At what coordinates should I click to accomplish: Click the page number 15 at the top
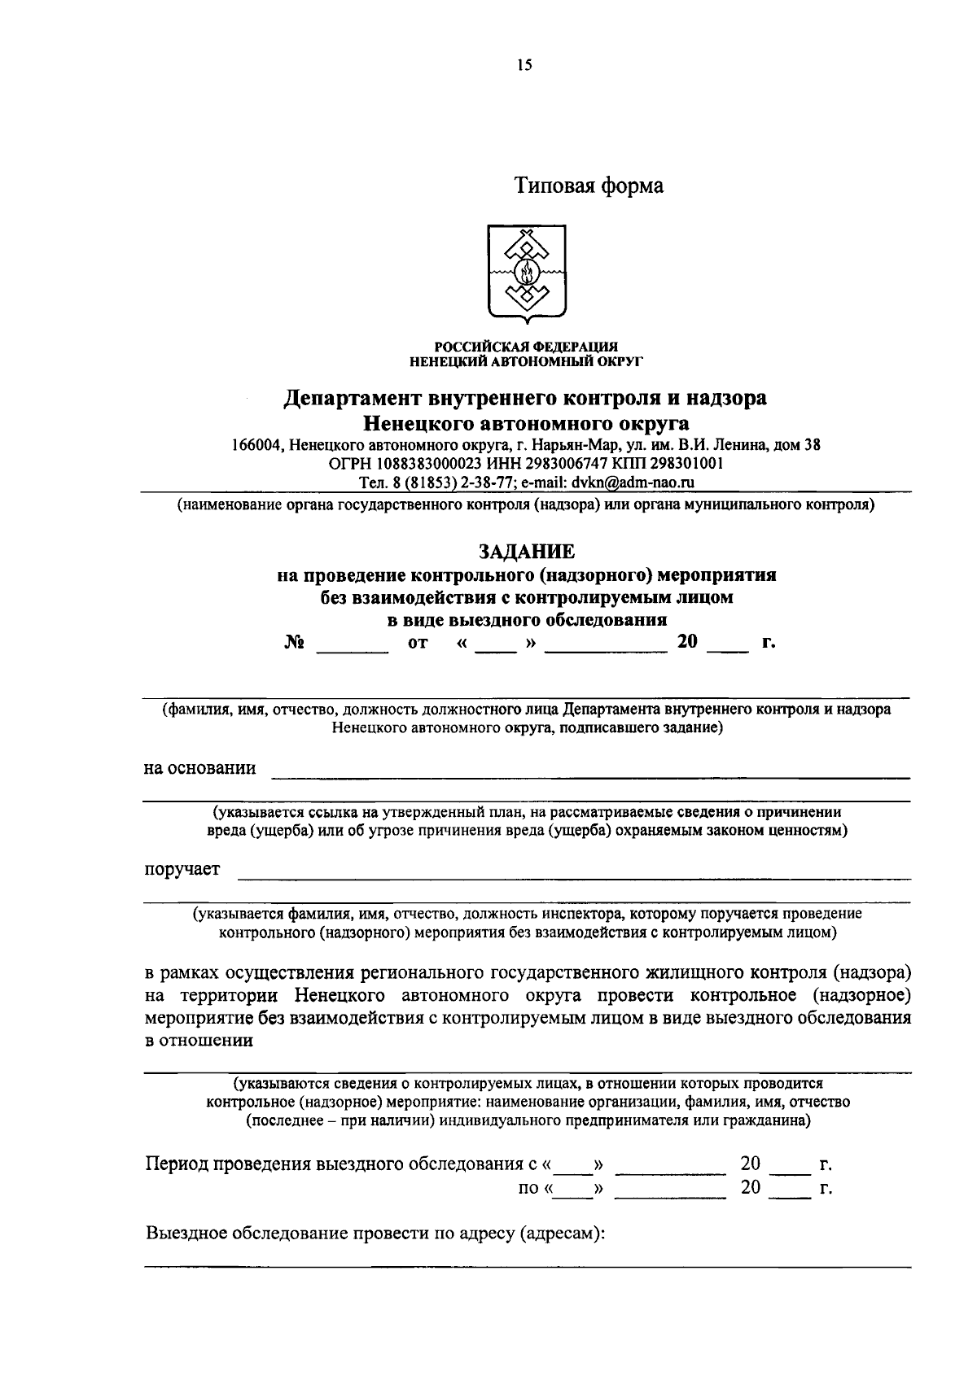tap(524, 66)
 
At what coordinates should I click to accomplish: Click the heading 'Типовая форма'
tap(588, 186)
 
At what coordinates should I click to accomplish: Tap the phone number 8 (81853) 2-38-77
tap(452, 483)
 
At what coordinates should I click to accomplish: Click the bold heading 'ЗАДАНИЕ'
tap(526, 552)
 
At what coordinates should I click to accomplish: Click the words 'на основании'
tap(199, 768)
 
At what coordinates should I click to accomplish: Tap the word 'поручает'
tap(182, 870)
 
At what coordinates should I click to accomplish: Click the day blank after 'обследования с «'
tap(576, 1165)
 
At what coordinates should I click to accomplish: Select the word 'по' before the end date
tap(528, 1189)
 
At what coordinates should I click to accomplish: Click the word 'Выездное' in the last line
tap(186, 1233)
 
